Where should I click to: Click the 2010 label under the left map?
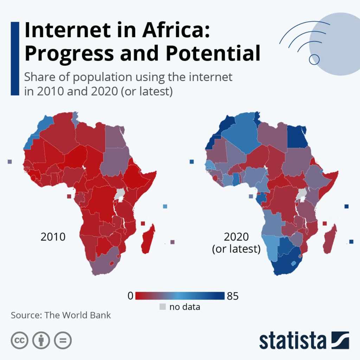point(53,237)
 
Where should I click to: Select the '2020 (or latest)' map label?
point(236,243)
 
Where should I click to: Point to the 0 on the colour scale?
point(130,296)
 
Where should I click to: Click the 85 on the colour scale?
point(233,296)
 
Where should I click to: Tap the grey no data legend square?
point(162,307)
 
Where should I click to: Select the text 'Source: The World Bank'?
point(61,315)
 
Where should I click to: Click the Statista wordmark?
point(292,341)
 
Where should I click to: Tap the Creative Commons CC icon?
point(20,340)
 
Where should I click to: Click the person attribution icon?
point(41,340)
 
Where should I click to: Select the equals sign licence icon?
point(63,340)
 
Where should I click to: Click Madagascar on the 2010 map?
point(148,239)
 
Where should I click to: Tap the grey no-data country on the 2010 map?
point(120,194)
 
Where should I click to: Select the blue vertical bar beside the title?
point(15,58)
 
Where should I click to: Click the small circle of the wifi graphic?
point(314,59)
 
